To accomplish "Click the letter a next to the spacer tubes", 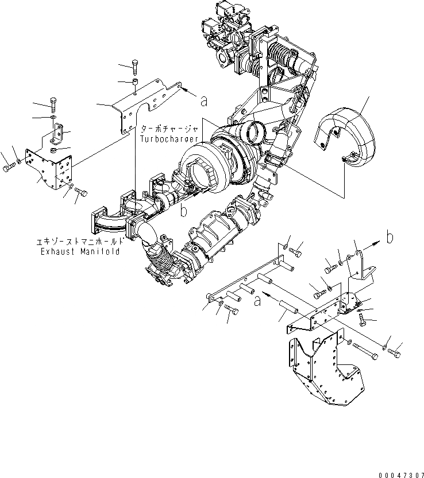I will pyautogui.click(x=259, y=299).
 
